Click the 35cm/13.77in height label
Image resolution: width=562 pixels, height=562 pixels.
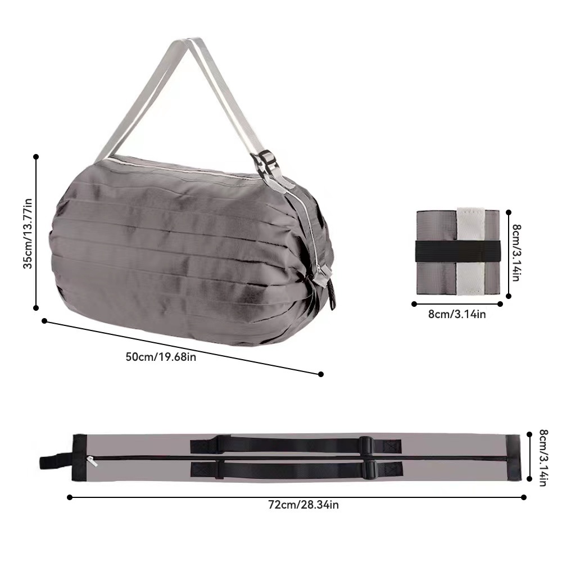(28, 233)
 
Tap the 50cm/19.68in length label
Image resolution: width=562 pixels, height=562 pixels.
(161, 357)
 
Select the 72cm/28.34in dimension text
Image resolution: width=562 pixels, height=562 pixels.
(303, 505)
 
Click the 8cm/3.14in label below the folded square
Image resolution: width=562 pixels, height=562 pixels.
(457, 314)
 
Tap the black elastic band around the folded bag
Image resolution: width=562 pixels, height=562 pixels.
(457, 251)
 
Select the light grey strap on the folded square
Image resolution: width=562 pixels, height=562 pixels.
(470, 251)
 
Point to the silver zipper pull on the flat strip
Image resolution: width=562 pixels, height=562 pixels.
(92, 461)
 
